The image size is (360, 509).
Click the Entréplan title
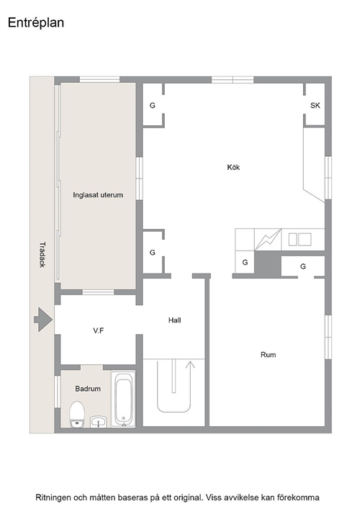point(36,23)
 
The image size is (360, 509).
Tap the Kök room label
point(233,167)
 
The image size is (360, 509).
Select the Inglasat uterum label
point(98,195)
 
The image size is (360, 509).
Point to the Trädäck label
point(42,255)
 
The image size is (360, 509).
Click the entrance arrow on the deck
point(43,320)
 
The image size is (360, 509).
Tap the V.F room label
point(99,330)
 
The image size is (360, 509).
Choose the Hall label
point(175,320)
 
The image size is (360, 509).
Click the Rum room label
point(268,354)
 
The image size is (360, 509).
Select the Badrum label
point(88,389)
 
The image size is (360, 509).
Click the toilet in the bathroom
point(77,414)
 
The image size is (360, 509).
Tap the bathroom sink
point(99,421)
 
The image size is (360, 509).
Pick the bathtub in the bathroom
point(123,398)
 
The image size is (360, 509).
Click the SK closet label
point(315,105)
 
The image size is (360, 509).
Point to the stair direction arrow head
point(190,364)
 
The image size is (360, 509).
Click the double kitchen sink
point(300,239)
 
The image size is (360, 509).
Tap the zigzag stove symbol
point(268,239)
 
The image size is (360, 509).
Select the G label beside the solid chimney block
point(245,262)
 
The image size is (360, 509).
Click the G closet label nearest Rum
point(303,266)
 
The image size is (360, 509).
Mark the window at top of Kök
point(233,79)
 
